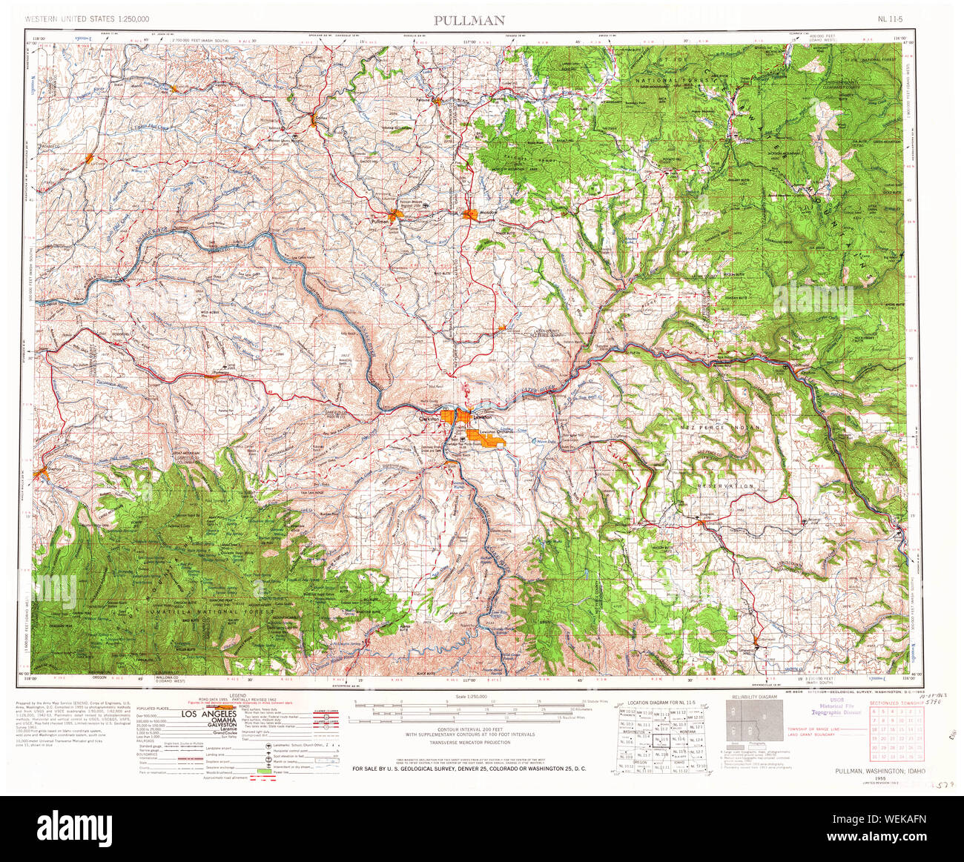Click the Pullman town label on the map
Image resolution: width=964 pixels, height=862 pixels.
tap(381, 222)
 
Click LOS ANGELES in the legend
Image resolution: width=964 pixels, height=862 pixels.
tap(210, 714)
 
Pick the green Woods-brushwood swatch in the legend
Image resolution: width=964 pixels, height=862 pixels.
tap(263, 772)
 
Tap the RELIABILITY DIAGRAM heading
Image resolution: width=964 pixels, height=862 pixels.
tap(754, 697)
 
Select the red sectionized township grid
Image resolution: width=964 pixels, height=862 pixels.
tap(896, 734)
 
